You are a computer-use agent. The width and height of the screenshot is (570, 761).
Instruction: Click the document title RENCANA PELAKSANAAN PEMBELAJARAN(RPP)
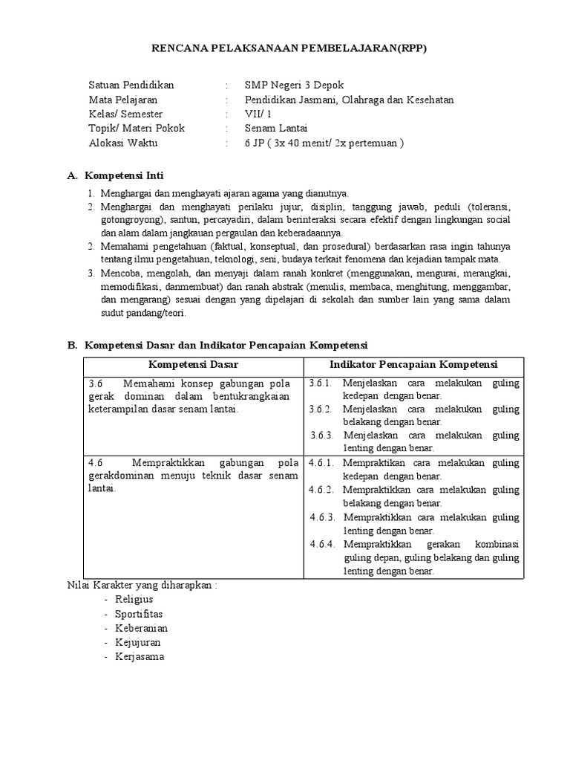[289, 48]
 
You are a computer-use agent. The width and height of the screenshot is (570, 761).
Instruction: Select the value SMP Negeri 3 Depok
[294, 85]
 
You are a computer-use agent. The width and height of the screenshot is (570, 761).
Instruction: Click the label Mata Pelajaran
[122, 100]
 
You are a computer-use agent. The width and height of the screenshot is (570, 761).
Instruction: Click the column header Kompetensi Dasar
[193, 364]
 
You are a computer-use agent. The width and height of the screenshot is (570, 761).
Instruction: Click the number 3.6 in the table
[95, 383]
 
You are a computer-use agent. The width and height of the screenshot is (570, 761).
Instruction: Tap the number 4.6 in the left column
[95, 463]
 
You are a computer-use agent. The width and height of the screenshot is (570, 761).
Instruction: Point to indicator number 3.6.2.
[321, 409]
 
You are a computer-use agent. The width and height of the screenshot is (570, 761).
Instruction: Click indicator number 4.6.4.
[324, 544]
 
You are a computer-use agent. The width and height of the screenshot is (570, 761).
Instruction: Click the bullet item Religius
[134, 599]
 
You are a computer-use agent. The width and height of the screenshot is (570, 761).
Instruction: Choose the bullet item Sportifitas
[138, 614]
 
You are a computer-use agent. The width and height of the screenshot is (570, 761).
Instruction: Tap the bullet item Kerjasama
[139, 657]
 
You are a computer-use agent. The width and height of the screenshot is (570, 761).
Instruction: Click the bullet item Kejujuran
[137, 642]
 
